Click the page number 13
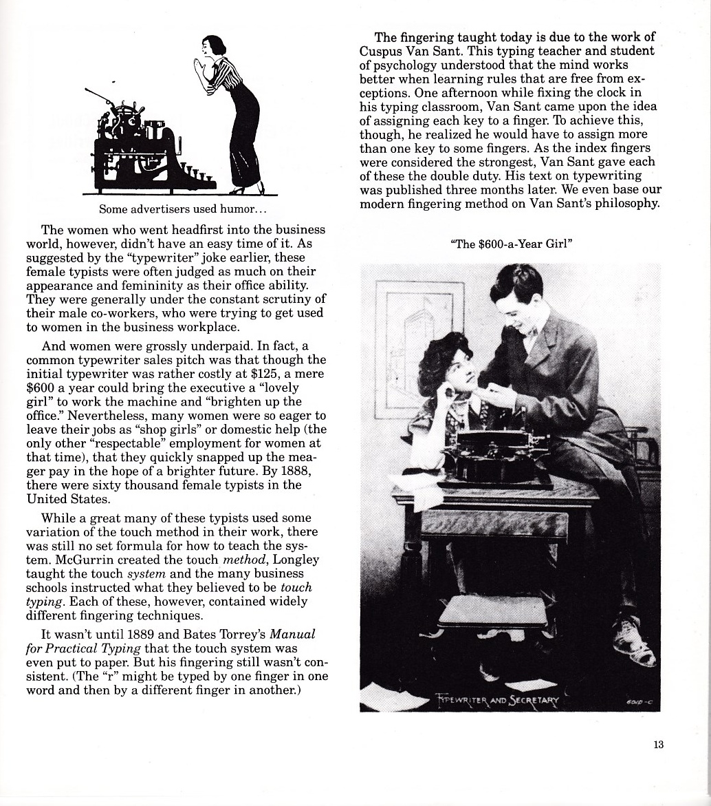pyautogui.click(x=659, y=745)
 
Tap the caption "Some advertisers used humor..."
pyautogui.click(x=177, y=209)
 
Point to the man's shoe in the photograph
pyautogui.click(x=634, y=639)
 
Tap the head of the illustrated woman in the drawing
pyautogui.click(x=214, y=47)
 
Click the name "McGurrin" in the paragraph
pyautogui.click(x=71, y=560)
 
